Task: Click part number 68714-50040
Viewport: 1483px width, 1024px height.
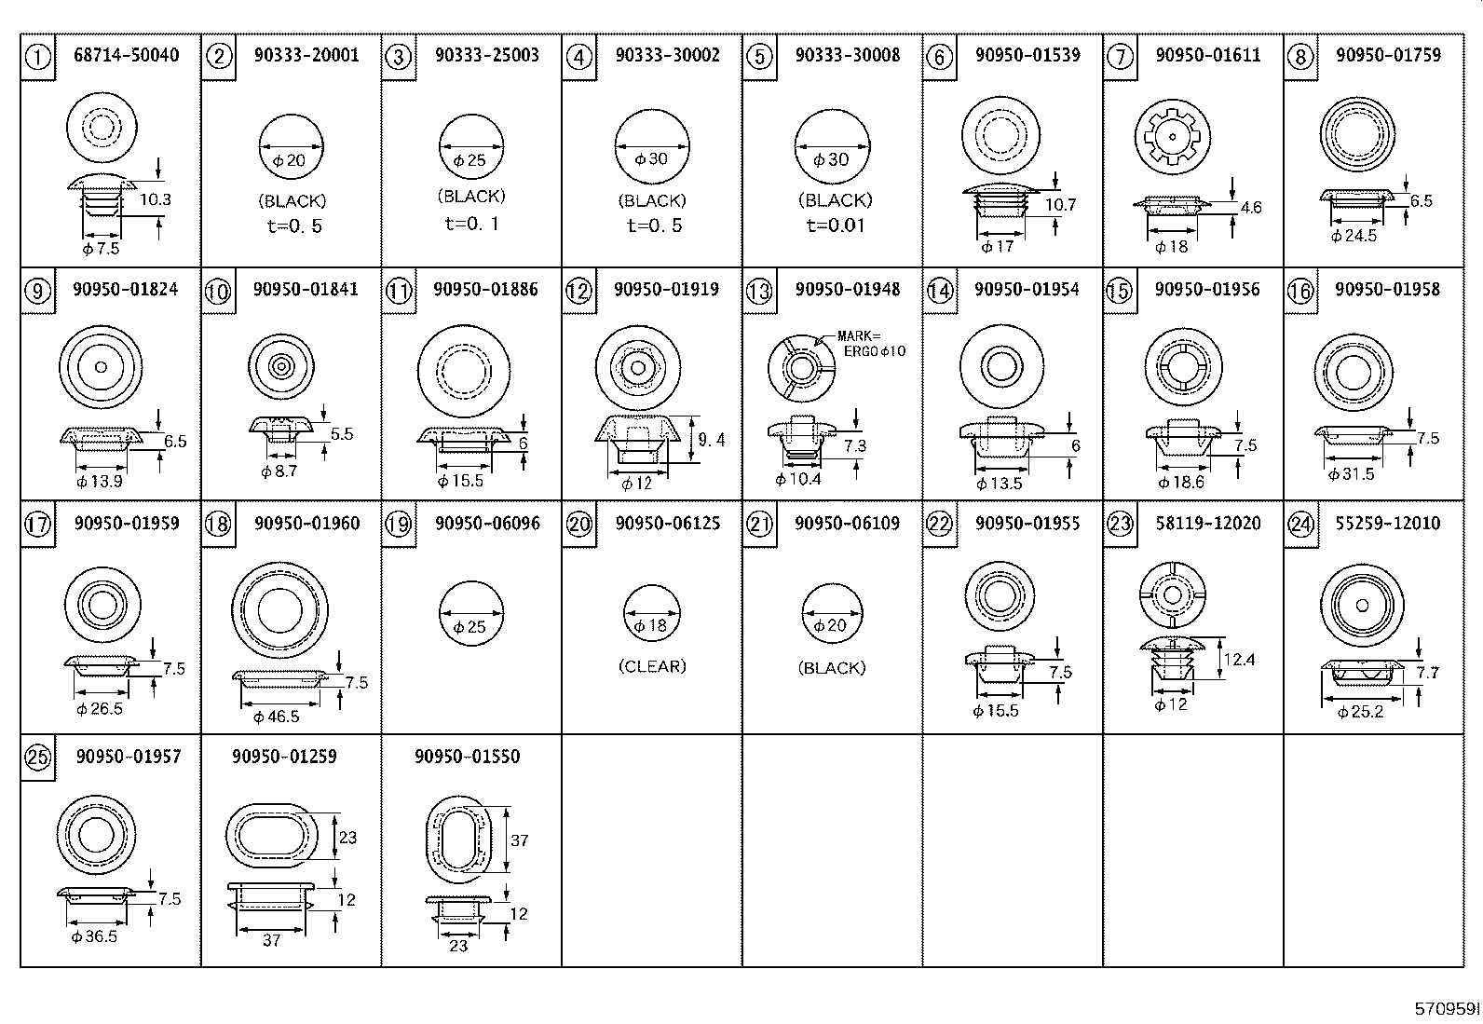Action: pyautogui.click(x=126, y=56)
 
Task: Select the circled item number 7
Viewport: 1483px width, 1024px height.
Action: pyautogui.click(x=1119, y=58)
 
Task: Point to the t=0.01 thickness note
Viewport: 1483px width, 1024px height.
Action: pyautogui.click(x=835, y=225)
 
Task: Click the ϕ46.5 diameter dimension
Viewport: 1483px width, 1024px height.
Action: pyautogui.click(x=277, y=717)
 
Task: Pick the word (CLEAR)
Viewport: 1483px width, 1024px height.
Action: pyautogui.click(x=652, y=666)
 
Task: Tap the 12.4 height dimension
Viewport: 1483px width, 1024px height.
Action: pyautogui.click(x=1239, y=660)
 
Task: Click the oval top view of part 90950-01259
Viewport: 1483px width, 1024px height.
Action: pyautogui.click(x=269, y=835)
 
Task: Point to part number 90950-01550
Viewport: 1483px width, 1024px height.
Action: pyautogui.click(x=467, y=757)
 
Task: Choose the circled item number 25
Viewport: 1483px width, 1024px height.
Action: pyautogui.click(x=36, y=758)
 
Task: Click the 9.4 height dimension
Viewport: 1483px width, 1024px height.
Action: pyautogui.click(x=711, y=440)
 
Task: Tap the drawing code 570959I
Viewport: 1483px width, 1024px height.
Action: pyautogui.click(x=1447, y=1009)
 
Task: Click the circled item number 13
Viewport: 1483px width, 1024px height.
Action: pyautogui.click(x=759, y=292)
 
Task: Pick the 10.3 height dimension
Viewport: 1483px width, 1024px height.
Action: pyautogui.click(x=156, y=199)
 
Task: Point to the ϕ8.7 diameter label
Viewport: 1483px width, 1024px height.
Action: pyautogui.click(x=279, y=472)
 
